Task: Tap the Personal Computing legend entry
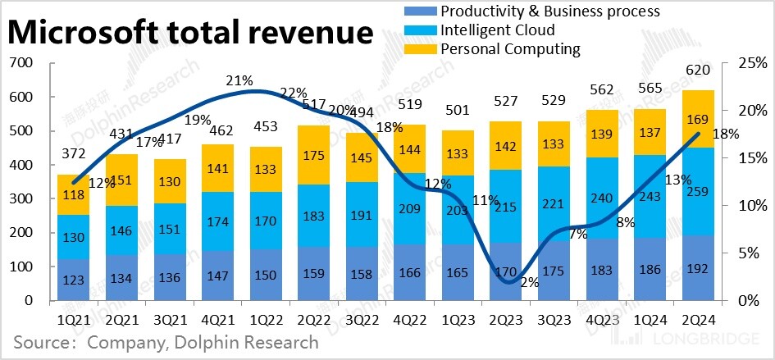[510, 50]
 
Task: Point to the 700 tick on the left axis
[20, 63]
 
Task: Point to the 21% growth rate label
[239, 80]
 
